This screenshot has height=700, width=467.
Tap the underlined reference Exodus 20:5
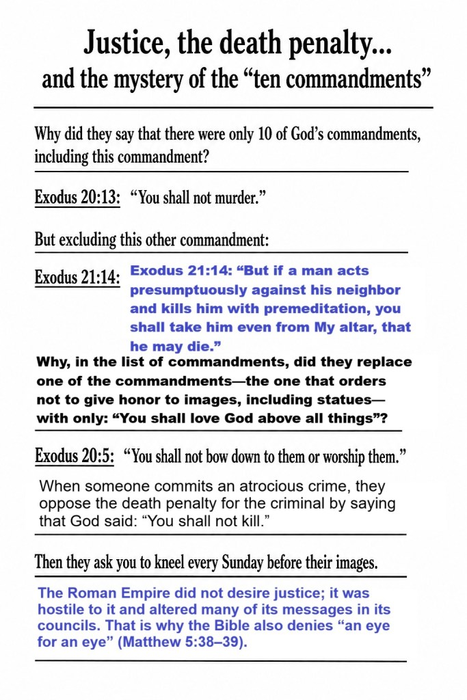click(x=74, y=457)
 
